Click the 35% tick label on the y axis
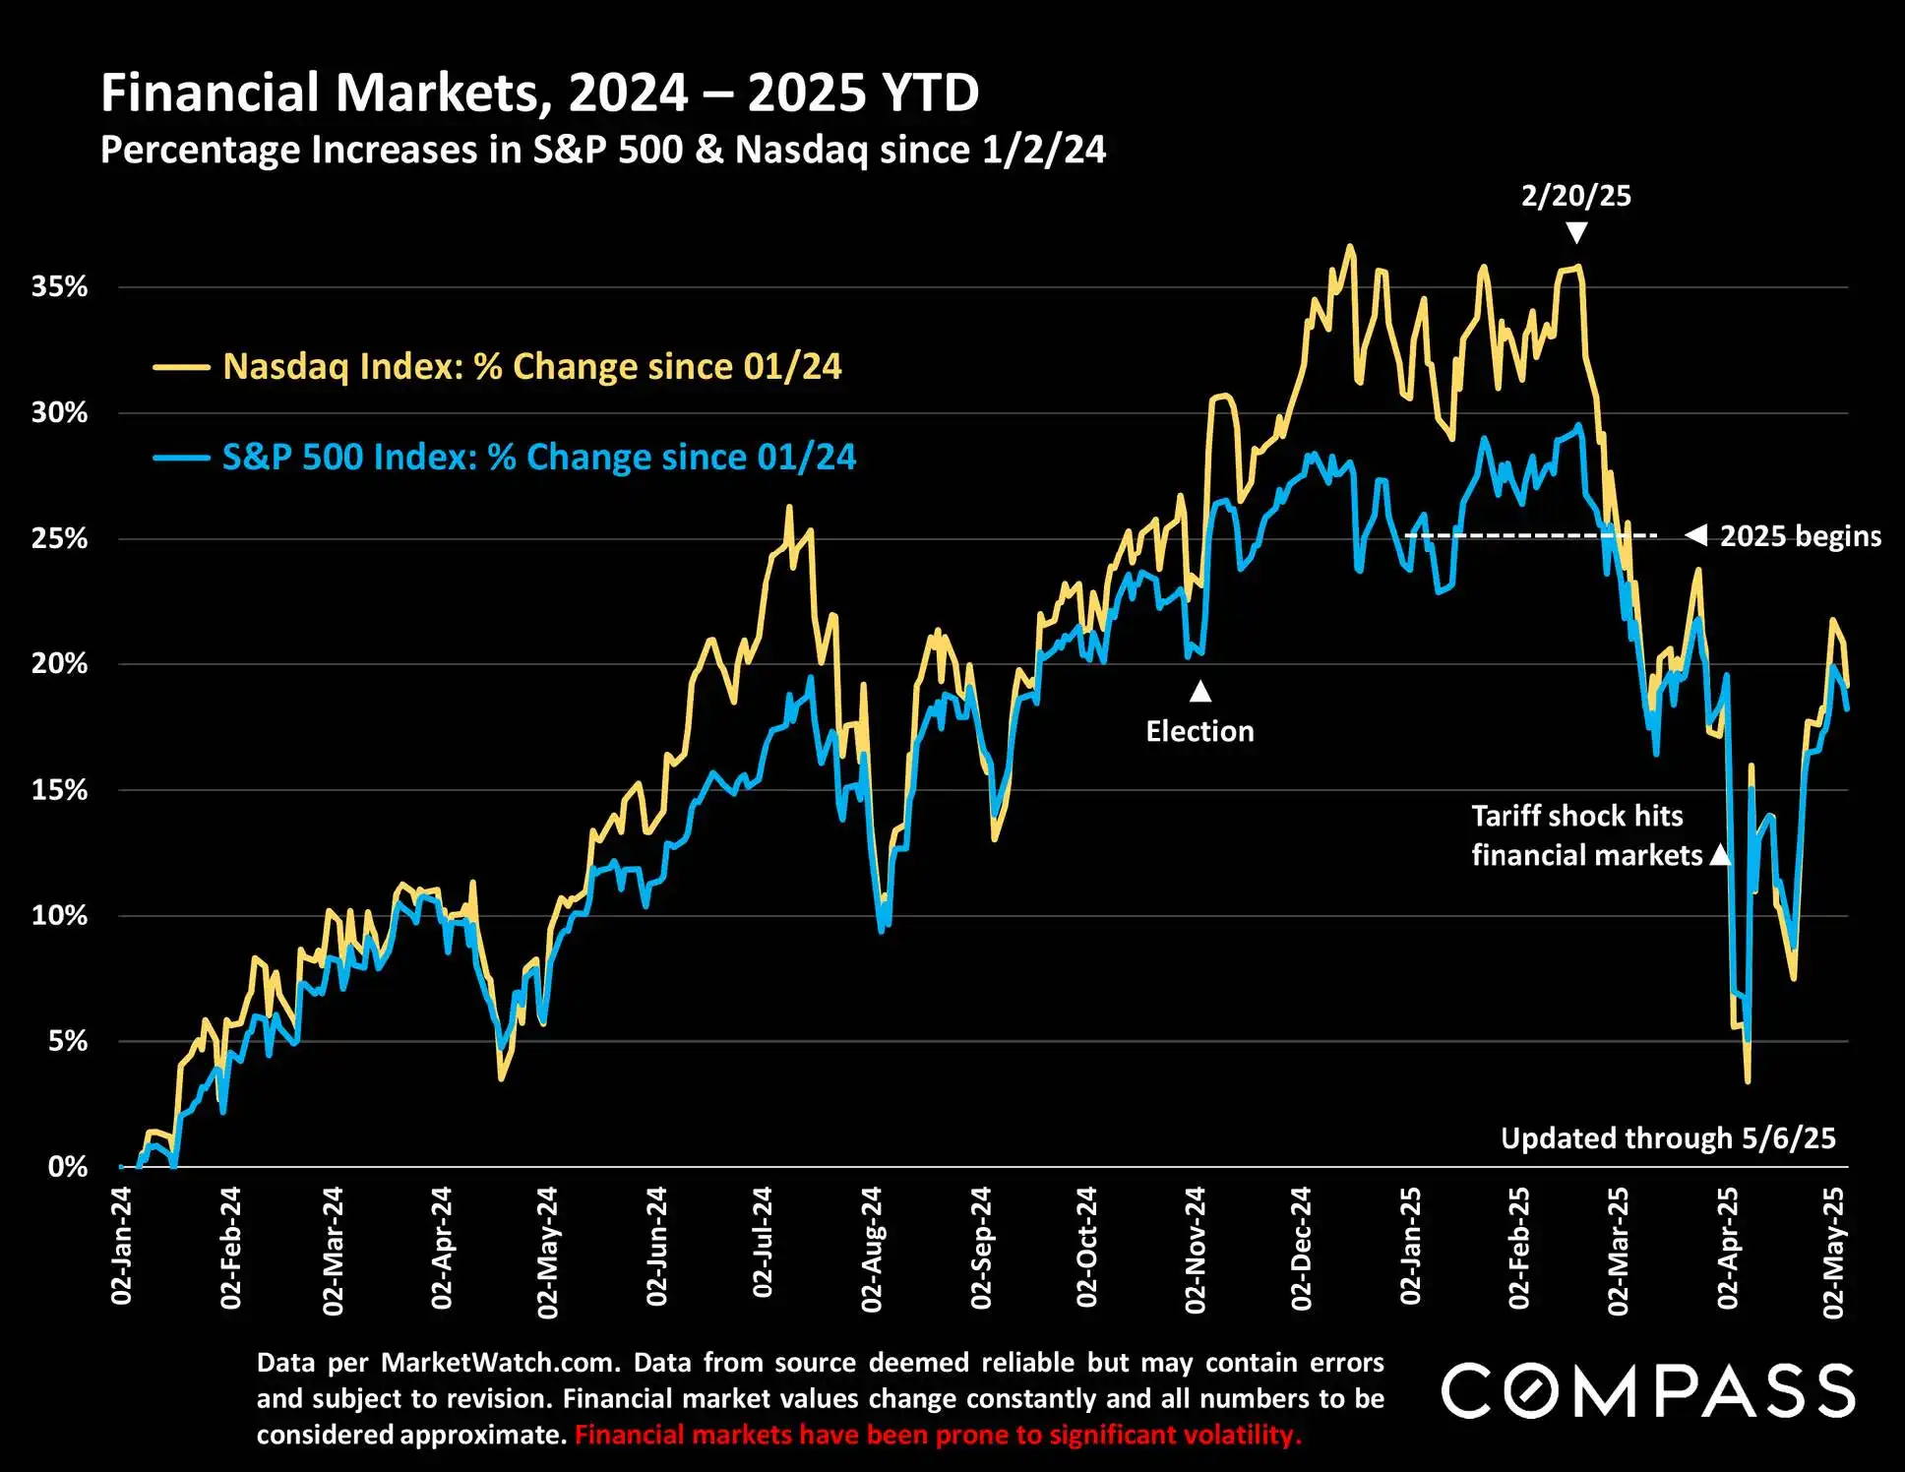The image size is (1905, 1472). coord(59,287)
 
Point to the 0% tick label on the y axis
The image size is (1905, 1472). coord(67,1167)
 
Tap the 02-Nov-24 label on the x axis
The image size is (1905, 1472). coord(1196,1250)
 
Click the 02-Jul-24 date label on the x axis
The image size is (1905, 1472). coord(763,1243)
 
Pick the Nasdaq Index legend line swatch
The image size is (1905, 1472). coord(181,368)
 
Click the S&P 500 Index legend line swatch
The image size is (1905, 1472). coord(181,458)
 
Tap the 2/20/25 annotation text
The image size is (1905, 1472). coord(1575,196)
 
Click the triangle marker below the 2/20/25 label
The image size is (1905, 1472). coord(1576,232)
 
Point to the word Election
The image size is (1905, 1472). coord(1199,731)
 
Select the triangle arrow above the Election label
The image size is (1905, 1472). coord(1199,692)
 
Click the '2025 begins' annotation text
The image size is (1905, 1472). coord(1800,536)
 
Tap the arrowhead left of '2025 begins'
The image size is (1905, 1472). coord(1696,535)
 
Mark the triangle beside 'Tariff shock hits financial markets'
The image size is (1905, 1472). coord(1719,854)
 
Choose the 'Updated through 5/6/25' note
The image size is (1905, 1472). coord(1668,1138)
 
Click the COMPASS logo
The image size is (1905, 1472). coord(1648,1390)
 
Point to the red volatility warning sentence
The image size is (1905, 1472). coord(938,1435)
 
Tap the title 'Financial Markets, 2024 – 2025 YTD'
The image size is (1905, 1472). coord(539,93)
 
